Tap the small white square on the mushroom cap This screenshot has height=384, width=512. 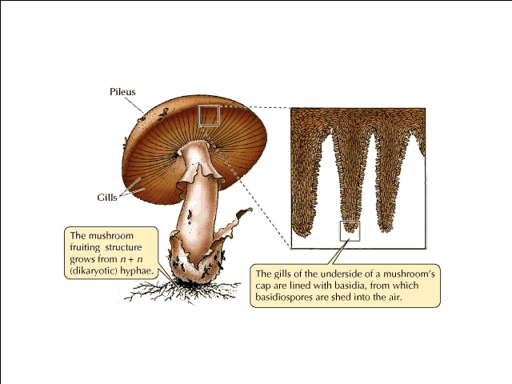208,116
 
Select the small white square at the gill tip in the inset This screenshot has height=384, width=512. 350,230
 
